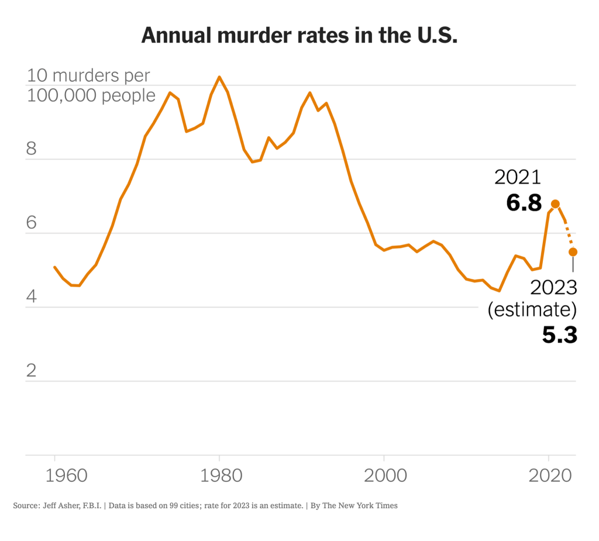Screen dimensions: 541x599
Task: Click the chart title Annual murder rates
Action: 299,36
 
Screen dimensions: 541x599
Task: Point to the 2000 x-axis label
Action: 384,475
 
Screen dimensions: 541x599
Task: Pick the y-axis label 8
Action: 32,149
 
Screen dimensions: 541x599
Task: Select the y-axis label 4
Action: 32,297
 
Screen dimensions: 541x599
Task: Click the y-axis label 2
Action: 32,371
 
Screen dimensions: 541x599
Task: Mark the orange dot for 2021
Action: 556,204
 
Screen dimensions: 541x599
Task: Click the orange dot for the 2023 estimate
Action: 573,251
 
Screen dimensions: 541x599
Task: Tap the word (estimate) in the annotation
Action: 532,310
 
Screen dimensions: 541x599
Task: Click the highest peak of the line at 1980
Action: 219,77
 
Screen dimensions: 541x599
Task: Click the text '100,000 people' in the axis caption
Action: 91,95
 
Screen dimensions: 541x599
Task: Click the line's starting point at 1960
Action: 55,267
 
